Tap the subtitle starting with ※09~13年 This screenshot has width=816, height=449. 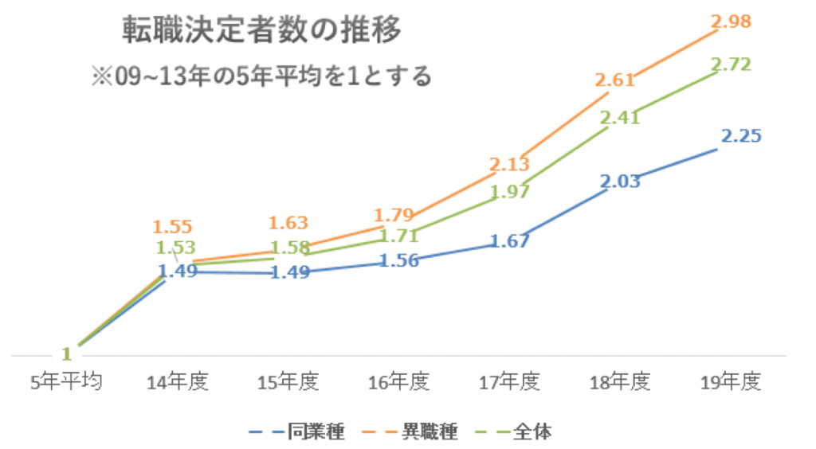pos(261,76)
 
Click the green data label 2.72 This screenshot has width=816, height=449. pos(732,65)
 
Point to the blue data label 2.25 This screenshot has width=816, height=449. pos(741,136)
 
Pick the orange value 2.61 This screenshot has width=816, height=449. pos(614,80)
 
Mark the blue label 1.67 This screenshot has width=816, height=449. pos(510,240)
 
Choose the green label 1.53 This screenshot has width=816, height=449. pos(176,248)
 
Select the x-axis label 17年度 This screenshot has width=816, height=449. pos(510,382)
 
